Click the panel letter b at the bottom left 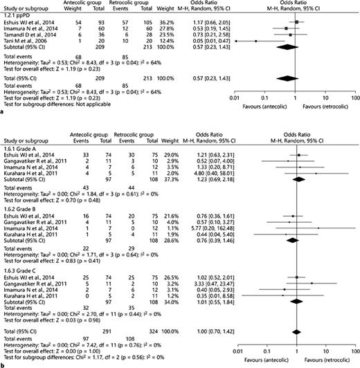(3, 363)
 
